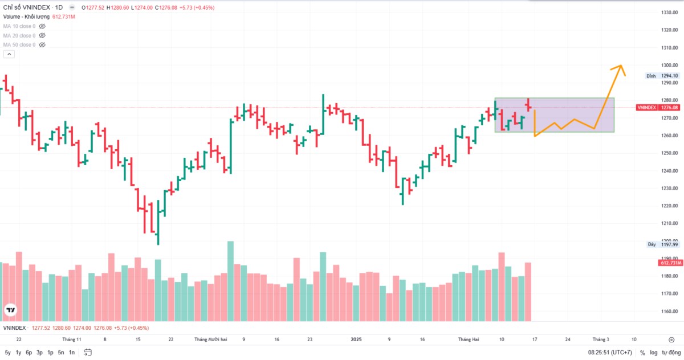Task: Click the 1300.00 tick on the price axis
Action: coord(669,65)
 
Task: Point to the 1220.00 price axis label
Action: coord(669,206)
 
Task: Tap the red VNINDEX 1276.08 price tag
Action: coord(658,107)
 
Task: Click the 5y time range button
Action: coord(7,353)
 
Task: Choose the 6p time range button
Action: coord(29,353)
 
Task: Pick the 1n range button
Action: coord(72,353)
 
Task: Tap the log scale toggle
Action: coord(653,353)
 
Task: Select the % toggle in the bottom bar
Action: coord(642,353)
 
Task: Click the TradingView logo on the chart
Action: coord(10,310)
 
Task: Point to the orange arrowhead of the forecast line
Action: coord(620,67)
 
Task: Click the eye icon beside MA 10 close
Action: coord(42,26)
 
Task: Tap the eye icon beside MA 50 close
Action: coord(42,44)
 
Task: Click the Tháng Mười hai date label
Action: coord(210,339)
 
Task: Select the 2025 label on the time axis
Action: coord(356,339)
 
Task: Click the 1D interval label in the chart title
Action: coord(59,8)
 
